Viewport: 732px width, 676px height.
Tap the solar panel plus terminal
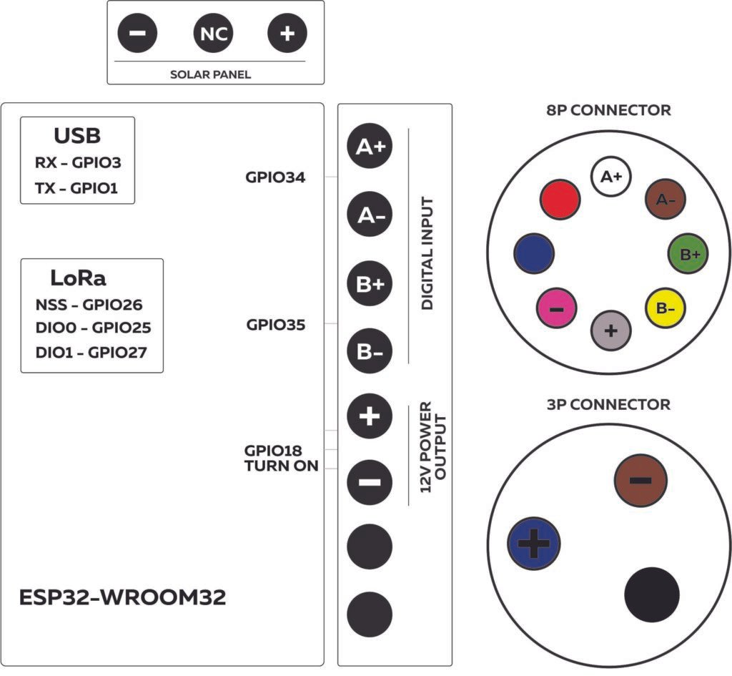pyautogui.click(x=287, y=34)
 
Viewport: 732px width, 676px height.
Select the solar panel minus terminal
pyautogui.click(x=139, y=34)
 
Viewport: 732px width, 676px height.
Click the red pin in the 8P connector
pyautogui.click(x=560, y=198)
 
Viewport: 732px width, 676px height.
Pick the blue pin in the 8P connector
pyautogui.click(x=534, y=253)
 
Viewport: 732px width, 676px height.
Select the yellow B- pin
pyautogui.click(x=666, y=308)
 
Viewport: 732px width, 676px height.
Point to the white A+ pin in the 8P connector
pyautogui.click(x=610, y=176)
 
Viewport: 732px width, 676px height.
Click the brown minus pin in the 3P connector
pyautogui.click(x=640, y=479)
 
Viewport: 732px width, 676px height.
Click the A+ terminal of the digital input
pyautogui.click(x=370, y=147)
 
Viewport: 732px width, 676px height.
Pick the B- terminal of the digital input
pyautogui.click(x=370, y=351)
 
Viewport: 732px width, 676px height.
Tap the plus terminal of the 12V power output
pyautogui.click(x=370, y=416)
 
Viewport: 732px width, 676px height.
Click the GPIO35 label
pyautogui.click(x=276, y=325)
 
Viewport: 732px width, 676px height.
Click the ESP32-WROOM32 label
pyautogui.click(x=123, y=597)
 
